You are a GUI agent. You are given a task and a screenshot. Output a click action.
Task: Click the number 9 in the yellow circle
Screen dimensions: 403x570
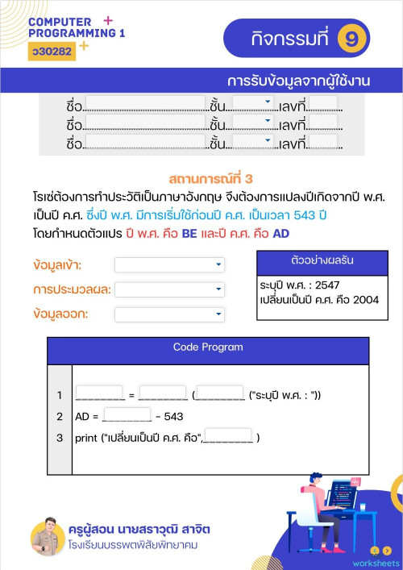[x=352, y=37]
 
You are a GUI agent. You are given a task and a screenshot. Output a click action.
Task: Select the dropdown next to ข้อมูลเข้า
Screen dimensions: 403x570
[x=169, y=264]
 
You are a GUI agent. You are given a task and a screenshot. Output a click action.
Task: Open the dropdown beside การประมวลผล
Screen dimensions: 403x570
[x=169, y=289]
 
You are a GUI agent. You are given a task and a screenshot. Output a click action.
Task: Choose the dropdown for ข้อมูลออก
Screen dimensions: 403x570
[x=169, y=314]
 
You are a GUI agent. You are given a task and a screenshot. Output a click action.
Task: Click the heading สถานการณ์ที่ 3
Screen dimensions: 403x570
[x=212, y=178]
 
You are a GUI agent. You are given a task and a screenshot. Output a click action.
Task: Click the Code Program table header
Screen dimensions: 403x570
[x=208, y=347]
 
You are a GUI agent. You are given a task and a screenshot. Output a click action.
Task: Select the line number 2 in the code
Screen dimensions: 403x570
[x=60, y=417]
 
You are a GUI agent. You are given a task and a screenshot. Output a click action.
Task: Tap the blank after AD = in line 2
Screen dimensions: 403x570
[x=127, y=416]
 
